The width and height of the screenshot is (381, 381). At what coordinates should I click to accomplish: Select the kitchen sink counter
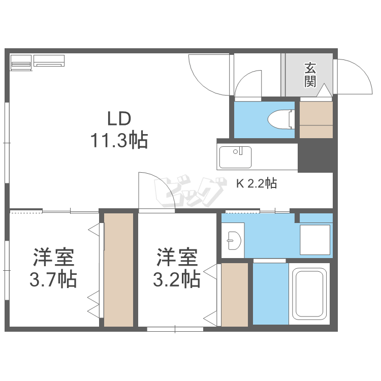pos(236,156)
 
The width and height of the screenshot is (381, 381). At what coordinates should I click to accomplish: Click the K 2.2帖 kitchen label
pos(256,183)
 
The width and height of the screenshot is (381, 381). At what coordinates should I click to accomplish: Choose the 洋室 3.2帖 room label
pos(177,267)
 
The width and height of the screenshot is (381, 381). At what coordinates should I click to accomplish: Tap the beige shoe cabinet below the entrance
pos(315,119)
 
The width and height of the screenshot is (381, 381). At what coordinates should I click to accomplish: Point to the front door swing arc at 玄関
pos(354,75)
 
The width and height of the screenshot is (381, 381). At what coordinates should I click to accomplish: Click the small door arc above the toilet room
pos(248,83)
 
